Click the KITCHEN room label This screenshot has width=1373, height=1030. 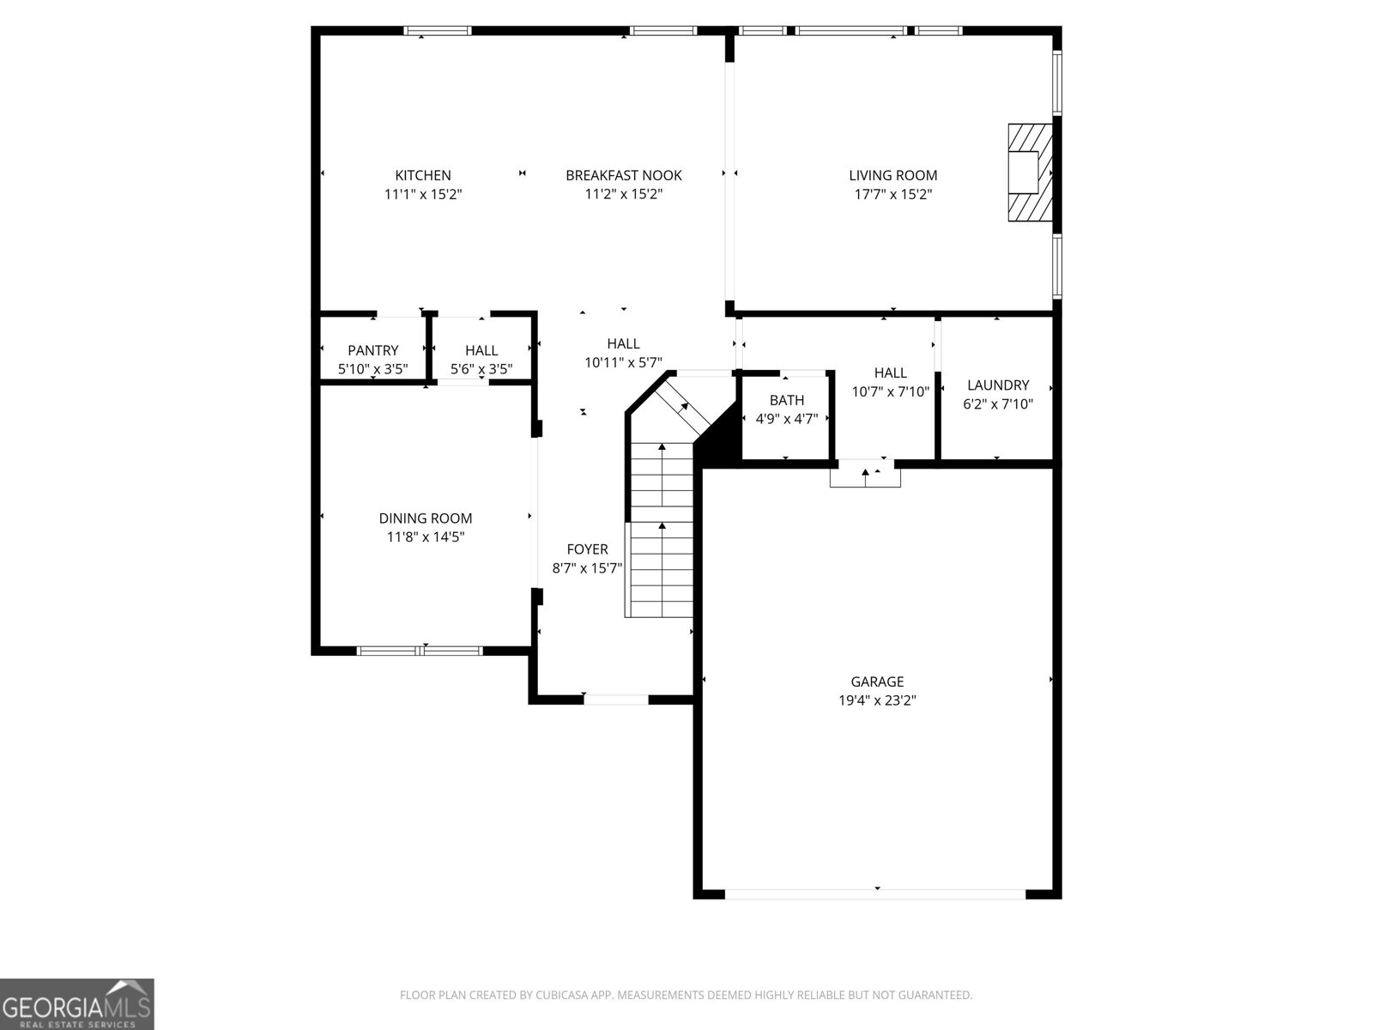pos(422,175)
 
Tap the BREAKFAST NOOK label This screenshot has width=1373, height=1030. pos(623,175)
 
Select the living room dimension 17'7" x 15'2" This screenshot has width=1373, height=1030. pos(892,194)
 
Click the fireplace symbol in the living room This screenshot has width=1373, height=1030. pos(1028,173)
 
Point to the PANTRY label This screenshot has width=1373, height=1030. pos(372,350)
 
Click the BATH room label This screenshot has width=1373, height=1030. pos(786,400)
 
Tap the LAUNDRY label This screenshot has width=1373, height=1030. pos(997,385)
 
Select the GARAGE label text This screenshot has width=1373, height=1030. pos(877,682)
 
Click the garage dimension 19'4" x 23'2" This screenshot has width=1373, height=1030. pos(877,700)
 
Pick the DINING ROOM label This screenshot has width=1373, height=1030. pos(425,518)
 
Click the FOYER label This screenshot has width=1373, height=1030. pos(587,549)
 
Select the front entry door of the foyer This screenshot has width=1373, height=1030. pos(615,700)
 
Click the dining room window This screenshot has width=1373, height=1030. pos(420,651)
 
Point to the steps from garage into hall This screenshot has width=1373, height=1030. pos(865,475)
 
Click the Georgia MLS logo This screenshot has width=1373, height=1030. pos(77,1003)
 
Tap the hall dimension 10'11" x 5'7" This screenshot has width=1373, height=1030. pos(623,363)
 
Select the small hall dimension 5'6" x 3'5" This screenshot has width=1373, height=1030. pos(481,370)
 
